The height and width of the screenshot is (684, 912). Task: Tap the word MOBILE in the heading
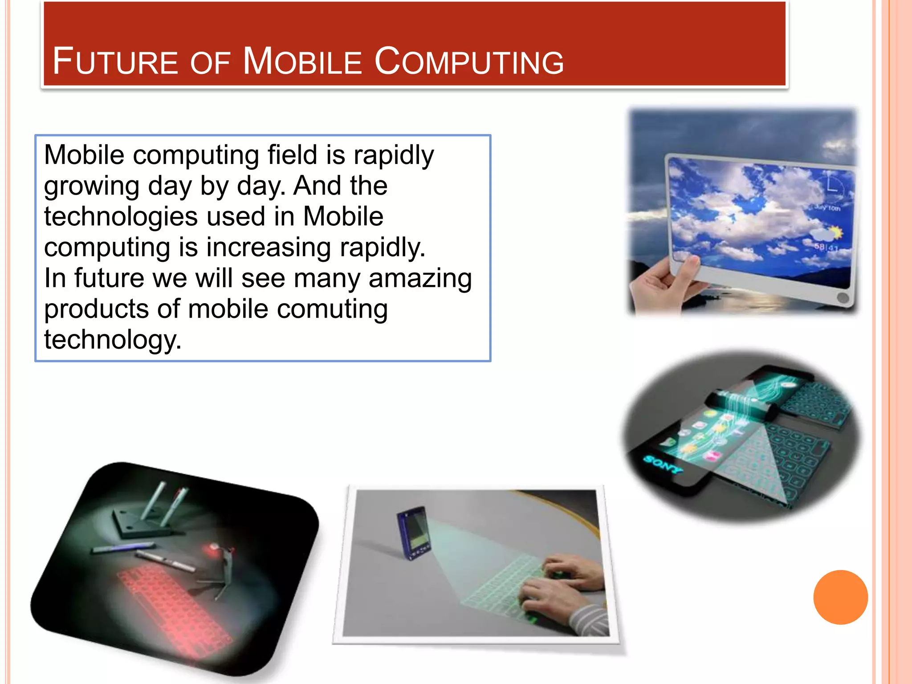pos(302,61)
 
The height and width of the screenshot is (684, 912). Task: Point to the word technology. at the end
pos(113,340)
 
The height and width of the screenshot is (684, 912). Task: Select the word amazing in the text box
pos(420,278)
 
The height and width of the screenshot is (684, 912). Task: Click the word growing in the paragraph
pos(92,186)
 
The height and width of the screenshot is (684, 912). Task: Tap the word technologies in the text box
pos(121,217)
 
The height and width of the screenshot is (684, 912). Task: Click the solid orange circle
pos(840,597)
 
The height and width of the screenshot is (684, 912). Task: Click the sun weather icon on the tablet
pos(835,232)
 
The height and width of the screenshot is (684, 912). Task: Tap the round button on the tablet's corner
pos(843,297)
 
